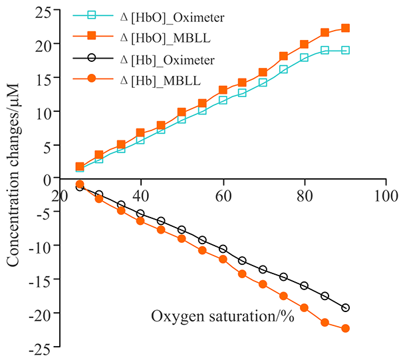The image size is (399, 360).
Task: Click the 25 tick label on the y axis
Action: [43, 11]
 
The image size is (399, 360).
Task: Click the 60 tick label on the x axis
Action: [223, 198]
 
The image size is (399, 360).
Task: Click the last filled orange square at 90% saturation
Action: [345, 28]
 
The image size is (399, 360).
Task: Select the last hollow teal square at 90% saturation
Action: [345, 50]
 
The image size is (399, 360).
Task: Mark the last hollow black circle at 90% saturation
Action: [345, 307]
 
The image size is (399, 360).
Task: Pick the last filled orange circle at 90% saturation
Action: [345, 328]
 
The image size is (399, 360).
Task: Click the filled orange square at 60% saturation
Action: [223, 90]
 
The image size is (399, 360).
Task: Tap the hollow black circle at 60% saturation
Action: [223, 249]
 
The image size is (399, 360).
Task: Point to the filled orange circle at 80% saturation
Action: [305, 307]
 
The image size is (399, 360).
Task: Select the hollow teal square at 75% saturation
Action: [284, 69]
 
